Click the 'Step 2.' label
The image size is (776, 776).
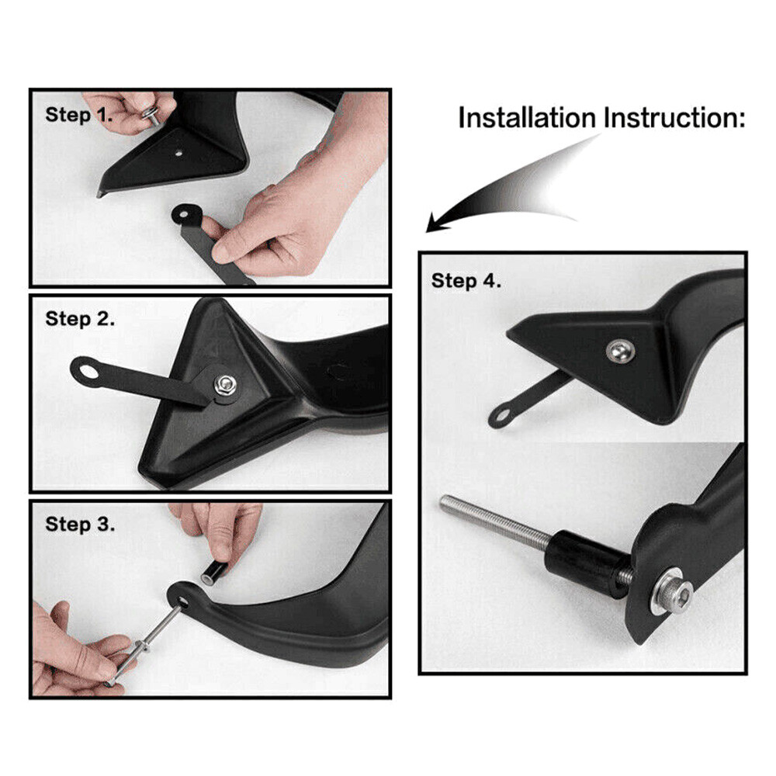point(81,319)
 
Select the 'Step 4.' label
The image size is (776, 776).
point(466,280)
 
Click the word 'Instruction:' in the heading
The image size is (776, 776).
point(674,119)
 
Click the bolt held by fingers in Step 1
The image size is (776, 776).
point(151,113)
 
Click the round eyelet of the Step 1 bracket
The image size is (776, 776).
point(187,211)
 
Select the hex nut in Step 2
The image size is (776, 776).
point(224,383)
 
